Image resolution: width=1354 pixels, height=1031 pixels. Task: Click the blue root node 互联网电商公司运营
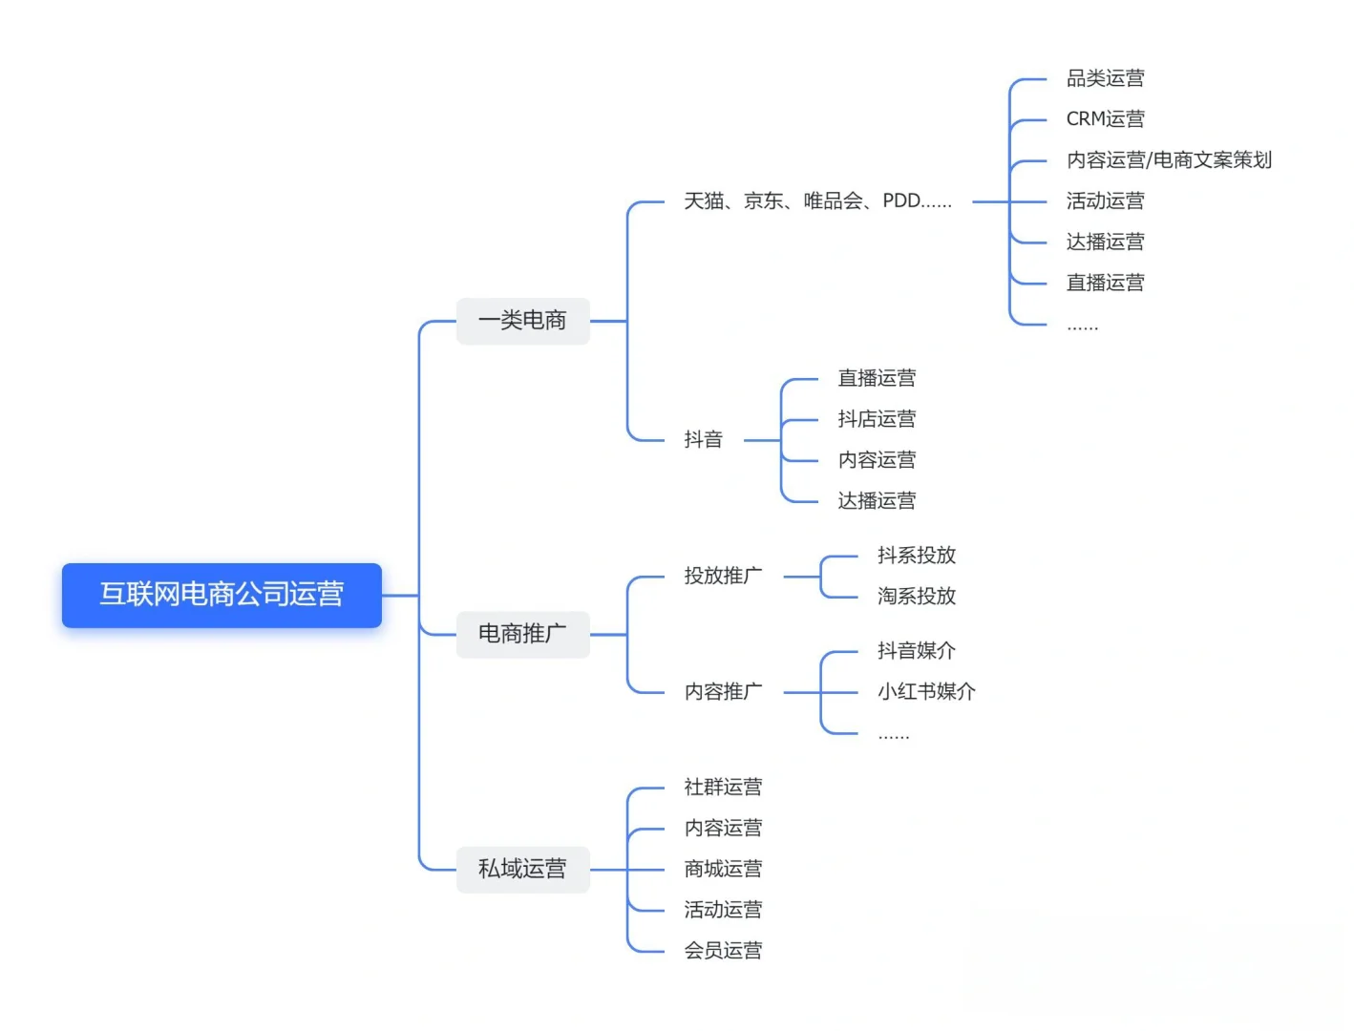click(x=222, y=595)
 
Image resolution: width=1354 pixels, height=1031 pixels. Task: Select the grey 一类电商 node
click(x=522, y=321)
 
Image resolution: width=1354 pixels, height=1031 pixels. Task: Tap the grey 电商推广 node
click(x=522, y=634)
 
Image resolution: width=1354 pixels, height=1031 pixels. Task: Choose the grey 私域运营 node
click(x=522, y=869)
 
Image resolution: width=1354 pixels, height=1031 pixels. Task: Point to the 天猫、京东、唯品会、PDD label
click(x=817, y=201)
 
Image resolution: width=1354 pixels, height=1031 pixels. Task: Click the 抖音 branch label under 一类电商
click(x=704, y=440)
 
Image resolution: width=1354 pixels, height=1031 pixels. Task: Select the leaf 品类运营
click(x=1105, y=78)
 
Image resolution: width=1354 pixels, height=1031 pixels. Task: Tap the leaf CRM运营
click(x=1105, y=119)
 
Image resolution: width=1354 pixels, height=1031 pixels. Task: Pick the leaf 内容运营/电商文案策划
click(x=1169, y=160)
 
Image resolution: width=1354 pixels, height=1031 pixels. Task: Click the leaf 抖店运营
click(x=877, y=419)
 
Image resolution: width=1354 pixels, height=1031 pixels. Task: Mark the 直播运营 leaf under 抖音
click(x=877, y=378)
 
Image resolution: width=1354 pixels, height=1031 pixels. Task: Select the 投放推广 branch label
click(x=723, y=576)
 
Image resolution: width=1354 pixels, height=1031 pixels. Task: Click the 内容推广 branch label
click(x=723, y=692)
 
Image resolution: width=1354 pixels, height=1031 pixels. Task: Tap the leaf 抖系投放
click(x=917, y=556)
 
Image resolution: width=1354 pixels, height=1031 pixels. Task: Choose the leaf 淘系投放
click(x=917, y=597)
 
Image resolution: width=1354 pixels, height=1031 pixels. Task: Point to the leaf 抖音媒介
click(x=917, y=651)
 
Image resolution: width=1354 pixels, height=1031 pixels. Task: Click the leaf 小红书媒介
click(x=926, y=692)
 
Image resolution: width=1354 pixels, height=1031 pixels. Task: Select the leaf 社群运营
click(x=723, y=788)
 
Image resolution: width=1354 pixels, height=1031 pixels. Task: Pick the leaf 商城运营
click(x=723, y=869)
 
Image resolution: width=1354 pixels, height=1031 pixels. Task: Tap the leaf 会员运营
click(x=723, y=951)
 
